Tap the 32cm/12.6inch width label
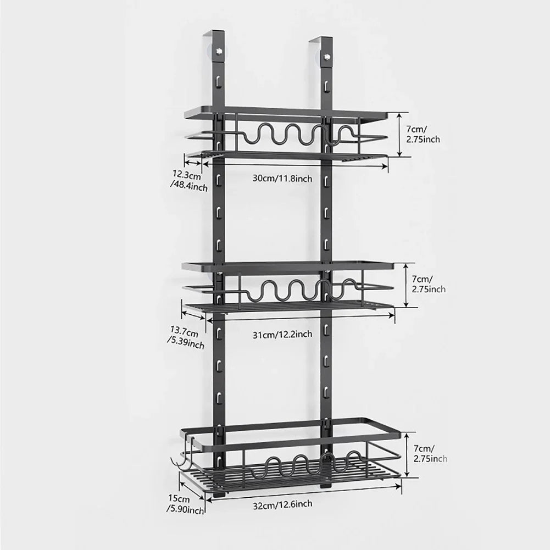pos(284,504)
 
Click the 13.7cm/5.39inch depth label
pos(186,339)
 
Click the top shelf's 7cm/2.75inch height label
pos(423,134)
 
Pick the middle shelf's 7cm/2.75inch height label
pos(429,284)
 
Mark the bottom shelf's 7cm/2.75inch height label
pos(430,453)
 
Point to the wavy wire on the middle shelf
pos(297,290)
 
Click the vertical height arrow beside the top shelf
pos(399,134)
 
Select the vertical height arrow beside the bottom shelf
pos(407,454)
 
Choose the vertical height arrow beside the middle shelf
pos(405,285)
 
